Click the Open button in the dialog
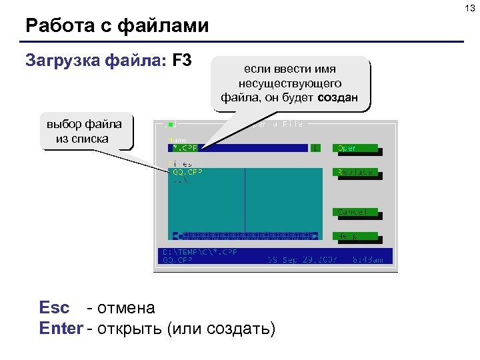coord(355,148)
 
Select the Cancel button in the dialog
coord(355,212)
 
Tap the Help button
coord(355,236)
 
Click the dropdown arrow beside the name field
coord(316,148)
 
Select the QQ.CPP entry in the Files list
coord(188,171)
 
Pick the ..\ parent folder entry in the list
coord(180,179)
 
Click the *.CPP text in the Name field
coord(185,148)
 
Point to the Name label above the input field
coord(178,140)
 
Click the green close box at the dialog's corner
coord(171,124)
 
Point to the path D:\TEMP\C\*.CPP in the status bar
coord(200,253)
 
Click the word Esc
coord(55,307)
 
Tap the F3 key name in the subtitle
coord(182,61)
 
